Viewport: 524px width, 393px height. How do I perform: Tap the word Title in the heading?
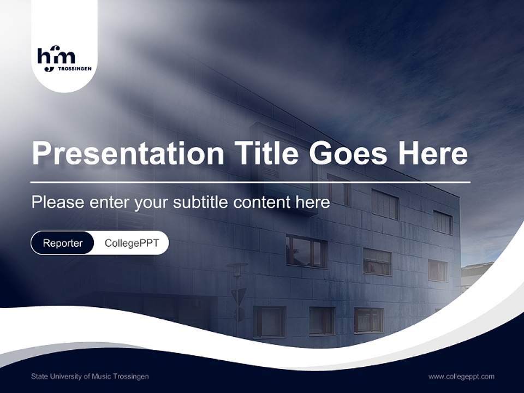[x=266, y=153]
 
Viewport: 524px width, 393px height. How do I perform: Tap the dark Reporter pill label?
[x=63, y=243]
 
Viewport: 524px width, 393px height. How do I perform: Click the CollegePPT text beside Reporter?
[x=132, y=243]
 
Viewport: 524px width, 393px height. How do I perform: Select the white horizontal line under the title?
[x=250, y=182]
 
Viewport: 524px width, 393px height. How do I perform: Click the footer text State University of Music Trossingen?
[x=90, y=377]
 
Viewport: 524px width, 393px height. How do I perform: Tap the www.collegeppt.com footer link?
[x=461, y=377]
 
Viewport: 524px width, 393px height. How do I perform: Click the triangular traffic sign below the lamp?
[x=239, y=296]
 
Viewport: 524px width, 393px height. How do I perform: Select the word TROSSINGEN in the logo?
[x=74, y=69]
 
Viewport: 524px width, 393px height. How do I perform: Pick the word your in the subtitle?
[x=152, y=203]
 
